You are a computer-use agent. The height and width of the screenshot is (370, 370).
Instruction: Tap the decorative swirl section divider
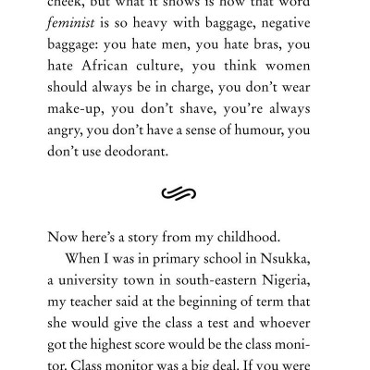(x=185, y=219)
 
